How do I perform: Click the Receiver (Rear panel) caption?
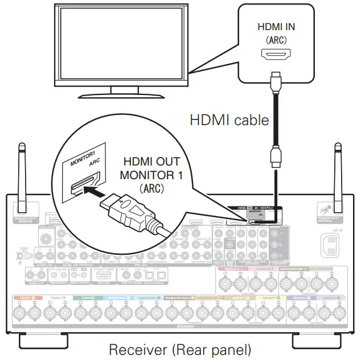(x=179, y=348)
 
